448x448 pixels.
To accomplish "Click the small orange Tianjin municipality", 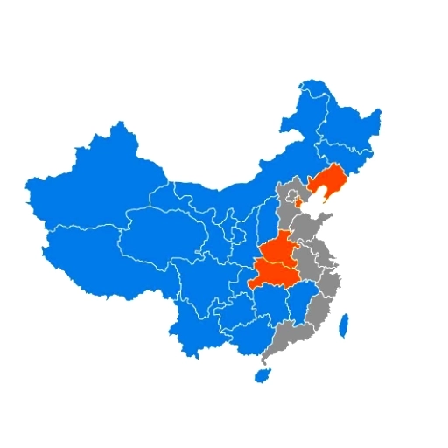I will [x=298, y=203].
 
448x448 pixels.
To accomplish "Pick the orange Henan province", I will [x=281, y=250].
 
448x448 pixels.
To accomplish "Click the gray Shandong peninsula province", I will [x=311, y=227].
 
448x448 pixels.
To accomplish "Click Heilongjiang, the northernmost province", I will [x=341, y=122].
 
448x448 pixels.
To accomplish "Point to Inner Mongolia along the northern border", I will [x=236, y=192].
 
